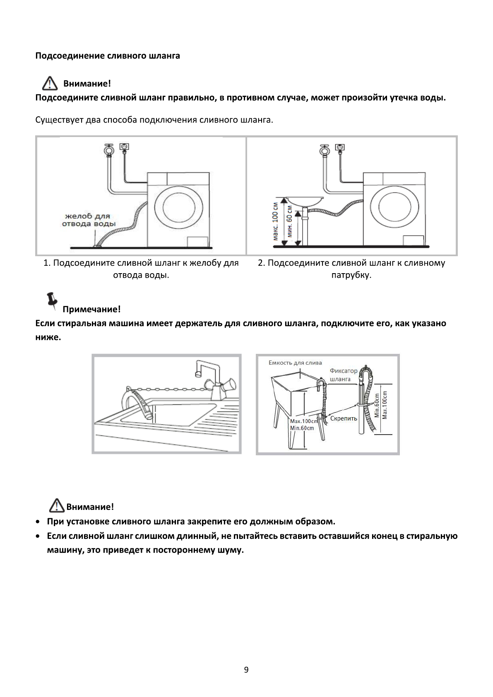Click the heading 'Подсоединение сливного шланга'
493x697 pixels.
tap(108, 56)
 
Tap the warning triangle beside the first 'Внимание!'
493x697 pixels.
tap(49, 84)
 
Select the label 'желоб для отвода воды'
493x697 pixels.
tap(88, 220)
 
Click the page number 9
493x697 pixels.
tap(246, 670)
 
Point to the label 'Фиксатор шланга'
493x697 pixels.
tap(343, 375)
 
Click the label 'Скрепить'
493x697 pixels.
tap(344, 418)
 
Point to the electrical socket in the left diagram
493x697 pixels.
tap(124, 147)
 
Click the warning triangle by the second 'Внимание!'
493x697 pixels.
tap(55, 506)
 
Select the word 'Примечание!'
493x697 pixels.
tap(91, 309)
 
